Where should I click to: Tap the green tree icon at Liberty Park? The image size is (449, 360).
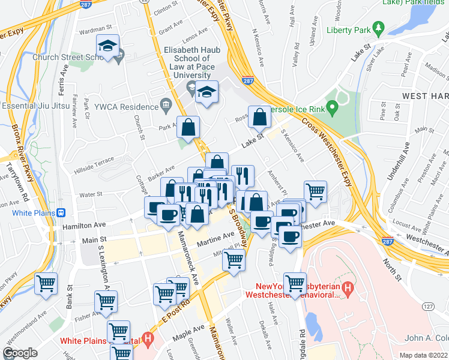(378, 28)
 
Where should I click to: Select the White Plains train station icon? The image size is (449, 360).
(61, 212)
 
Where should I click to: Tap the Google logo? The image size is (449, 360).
(20, 353)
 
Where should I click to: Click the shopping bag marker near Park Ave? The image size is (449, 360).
(188, 127)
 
